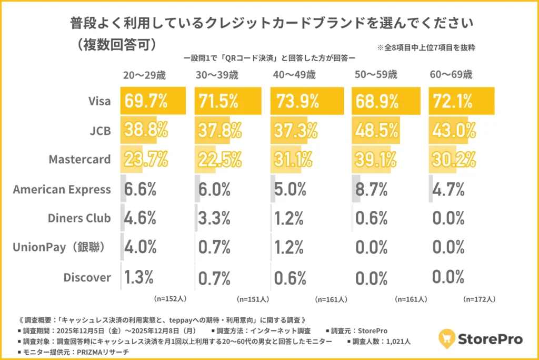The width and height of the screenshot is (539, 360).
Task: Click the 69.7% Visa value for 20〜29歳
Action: tap(145, 101)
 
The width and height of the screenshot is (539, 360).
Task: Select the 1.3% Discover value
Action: tap(139, 276)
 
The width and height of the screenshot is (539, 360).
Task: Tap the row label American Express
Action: tap(62, 189)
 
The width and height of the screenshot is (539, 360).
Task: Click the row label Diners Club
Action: tap(79, 218)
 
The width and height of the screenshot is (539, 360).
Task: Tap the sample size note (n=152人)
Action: tap(170, 298)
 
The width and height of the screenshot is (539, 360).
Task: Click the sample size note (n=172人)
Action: tap(479, 299)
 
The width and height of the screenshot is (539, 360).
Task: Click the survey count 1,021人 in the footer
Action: tap(396, 342)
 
